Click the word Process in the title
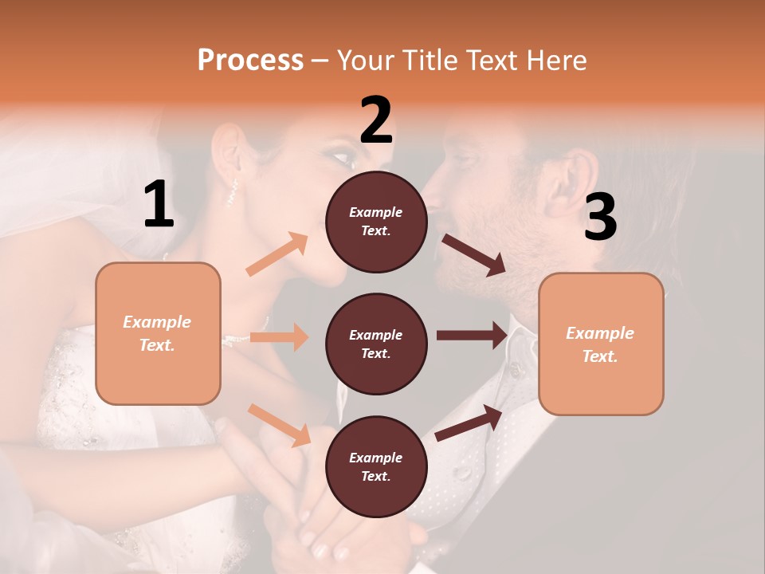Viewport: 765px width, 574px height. tap(250, 60)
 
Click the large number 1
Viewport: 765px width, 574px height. tap(159, 205)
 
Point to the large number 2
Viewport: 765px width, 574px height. tap(376, 120)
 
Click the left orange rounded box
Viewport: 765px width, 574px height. tap(158, 333)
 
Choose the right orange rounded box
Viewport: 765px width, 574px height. tap(601, 344)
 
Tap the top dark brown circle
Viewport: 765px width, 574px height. tap(376, 222)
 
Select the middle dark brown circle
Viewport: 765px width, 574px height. tap(376, 344)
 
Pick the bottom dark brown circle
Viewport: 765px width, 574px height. tap(376, 466)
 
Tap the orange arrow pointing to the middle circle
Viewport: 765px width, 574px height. tap(279, 337)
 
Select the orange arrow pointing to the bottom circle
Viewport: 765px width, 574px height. tap(280, 425)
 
